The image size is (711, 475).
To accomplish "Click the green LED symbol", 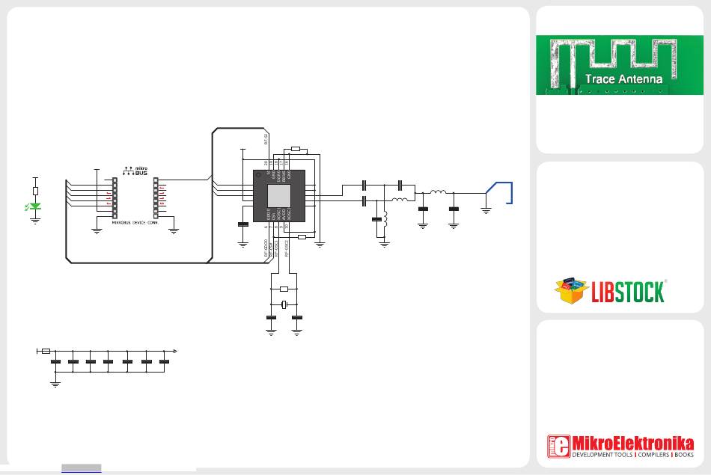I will (35, 206).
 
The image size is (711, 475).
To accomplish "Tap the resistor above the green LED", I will (35, 191).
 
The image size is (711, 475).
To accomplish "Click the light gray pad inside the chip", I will (278, 196).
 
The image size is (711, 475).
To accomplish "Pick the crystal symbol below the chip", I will (284, 304).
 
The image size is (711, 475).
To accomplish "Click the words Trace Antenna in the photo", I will (623, 79).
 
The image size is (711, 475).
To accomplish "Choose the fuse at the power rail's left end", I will (46, 350).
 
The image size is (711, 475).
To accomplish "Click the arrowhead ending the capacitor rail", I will (175, 350).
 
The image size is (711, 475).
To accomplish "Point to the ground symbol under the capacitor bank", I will (55, 384).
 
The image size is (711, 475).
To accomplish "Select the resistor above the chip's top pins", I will (294, 150).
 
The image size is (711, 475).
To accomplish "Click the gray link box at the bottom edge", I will (81, 469).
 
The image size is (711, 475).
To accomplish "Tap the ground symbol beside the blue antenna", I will (486, 210).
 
